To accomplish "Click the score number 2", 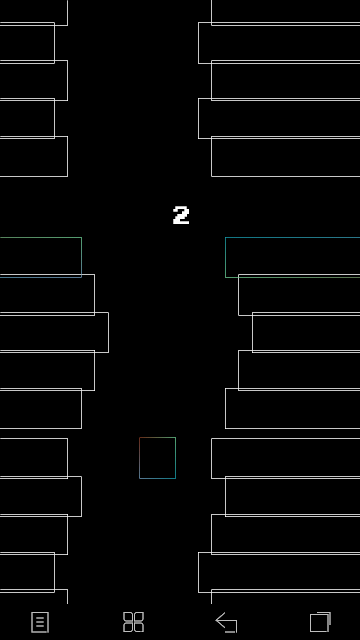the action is tap(181, 215).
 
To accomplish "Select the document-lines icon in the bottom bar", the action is tap(40, 622).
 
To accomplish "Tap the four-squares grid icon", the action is tap(133, 622).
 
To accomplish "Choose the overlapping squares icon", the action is tap(320, 622).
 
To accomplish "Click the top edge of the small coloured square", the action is tap(158, 438).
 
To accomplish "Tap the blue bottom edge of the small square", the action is tap(158, 478).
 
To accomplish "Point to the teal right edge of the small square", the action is tap(176, 458).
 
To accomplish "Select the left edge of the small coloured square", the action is tap(140, 458).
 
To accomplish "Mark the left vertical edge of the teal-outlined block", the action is tap(225, 257).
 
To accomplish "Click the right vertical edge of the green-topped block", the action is tap(82, 257).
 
